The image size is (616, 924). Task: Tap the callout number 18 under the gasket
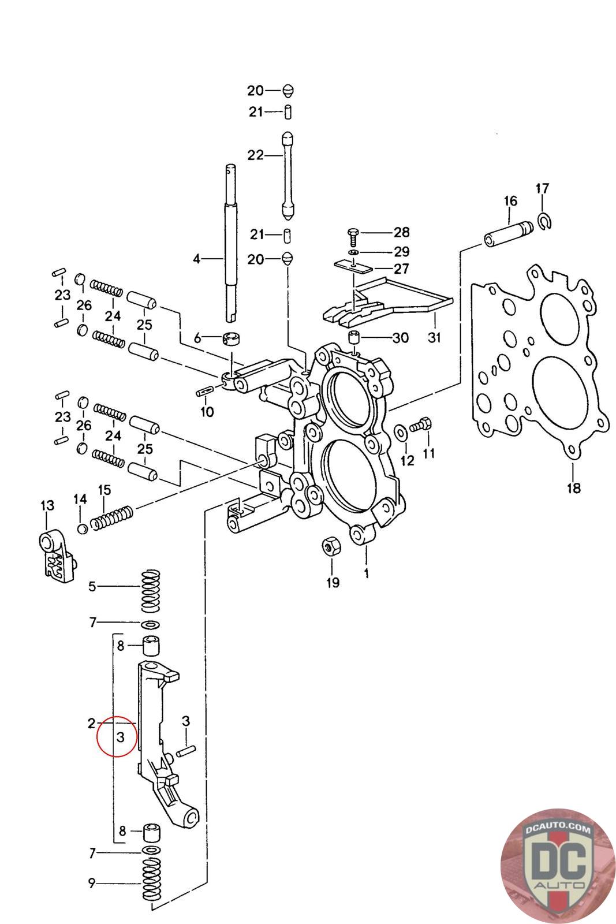tap(573, 488)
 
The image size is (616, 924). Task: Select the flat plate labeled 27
tap(353, 266)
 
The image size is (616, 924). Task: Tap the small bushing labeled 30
tap(354, 337)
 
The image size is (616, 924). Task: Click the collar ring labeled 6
tap(232, 338)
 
